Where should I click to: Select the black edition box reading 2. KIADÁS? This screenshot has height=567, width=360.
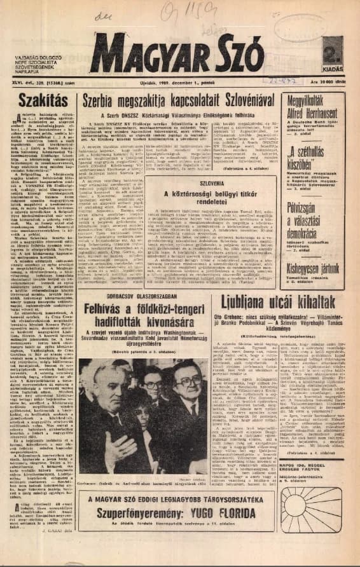[331, 50]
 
